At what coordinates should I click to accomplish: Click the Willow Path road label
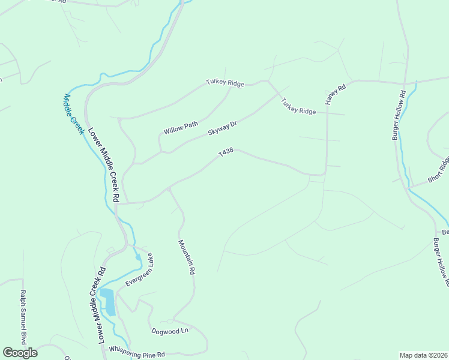[x=181, y=127]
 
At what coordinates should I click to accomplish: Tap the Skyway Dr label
[x=223, y=127]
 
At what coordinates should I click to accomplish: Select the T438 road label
[x=226, y=153]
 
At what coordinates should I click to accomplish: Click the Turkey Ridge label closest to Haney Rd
[x=298, y=107]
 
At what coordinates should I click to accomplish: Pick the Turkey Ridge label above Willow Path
[x=225, y=83]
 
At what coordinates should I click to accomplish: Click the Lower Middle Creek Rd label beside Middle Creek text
[x=104, y=164]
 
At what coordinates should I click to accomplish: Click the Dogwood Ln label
[x=169, y=331]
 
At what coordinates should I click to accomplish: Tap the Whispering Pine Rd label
[x=136, y=352]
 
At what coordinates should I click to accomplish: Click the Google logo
[x=20, y=353]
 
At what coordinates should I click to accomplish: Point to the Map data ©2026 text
[x=423, y=355]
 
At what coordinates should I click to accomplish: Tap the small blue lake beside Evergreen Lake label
[x=108, y=301]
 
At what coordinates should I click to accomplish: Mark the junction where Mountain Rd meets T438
[x=170, y=188]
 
